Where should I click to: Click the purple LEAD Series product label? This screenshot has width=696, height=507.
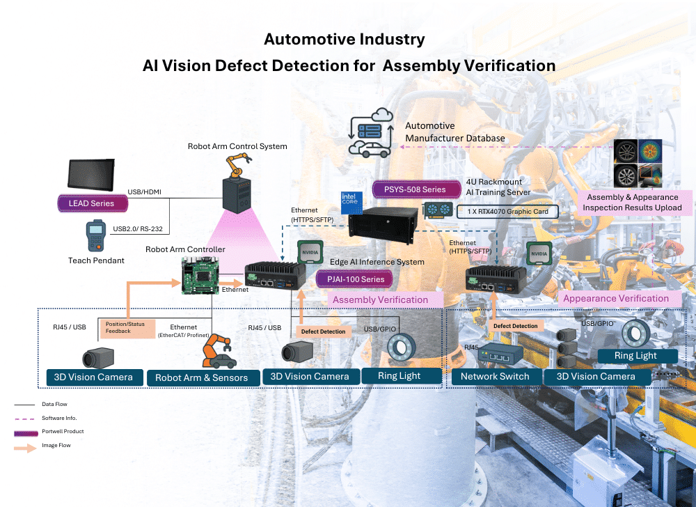(x=93, y=203)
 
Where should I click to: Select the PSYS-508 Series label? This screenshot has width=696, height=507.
(x=415, y=189)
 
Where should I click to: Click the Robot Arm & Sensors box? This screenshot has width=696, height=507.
(x=201, y=377)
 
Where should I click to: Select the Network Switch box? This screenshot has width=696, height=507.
(x=495, y=376)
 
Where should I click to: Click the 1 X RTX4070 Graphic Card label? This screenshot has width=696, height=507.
(x=507, y=210)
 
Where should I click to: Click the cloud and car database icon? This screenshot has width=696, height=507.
(x=370, y=132)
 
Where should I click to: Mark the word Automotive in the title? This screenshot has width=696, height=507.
(x=308, y=39)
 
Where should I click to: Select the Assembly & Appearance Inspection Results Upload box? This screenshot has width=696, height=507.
(x=632, y=203)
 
